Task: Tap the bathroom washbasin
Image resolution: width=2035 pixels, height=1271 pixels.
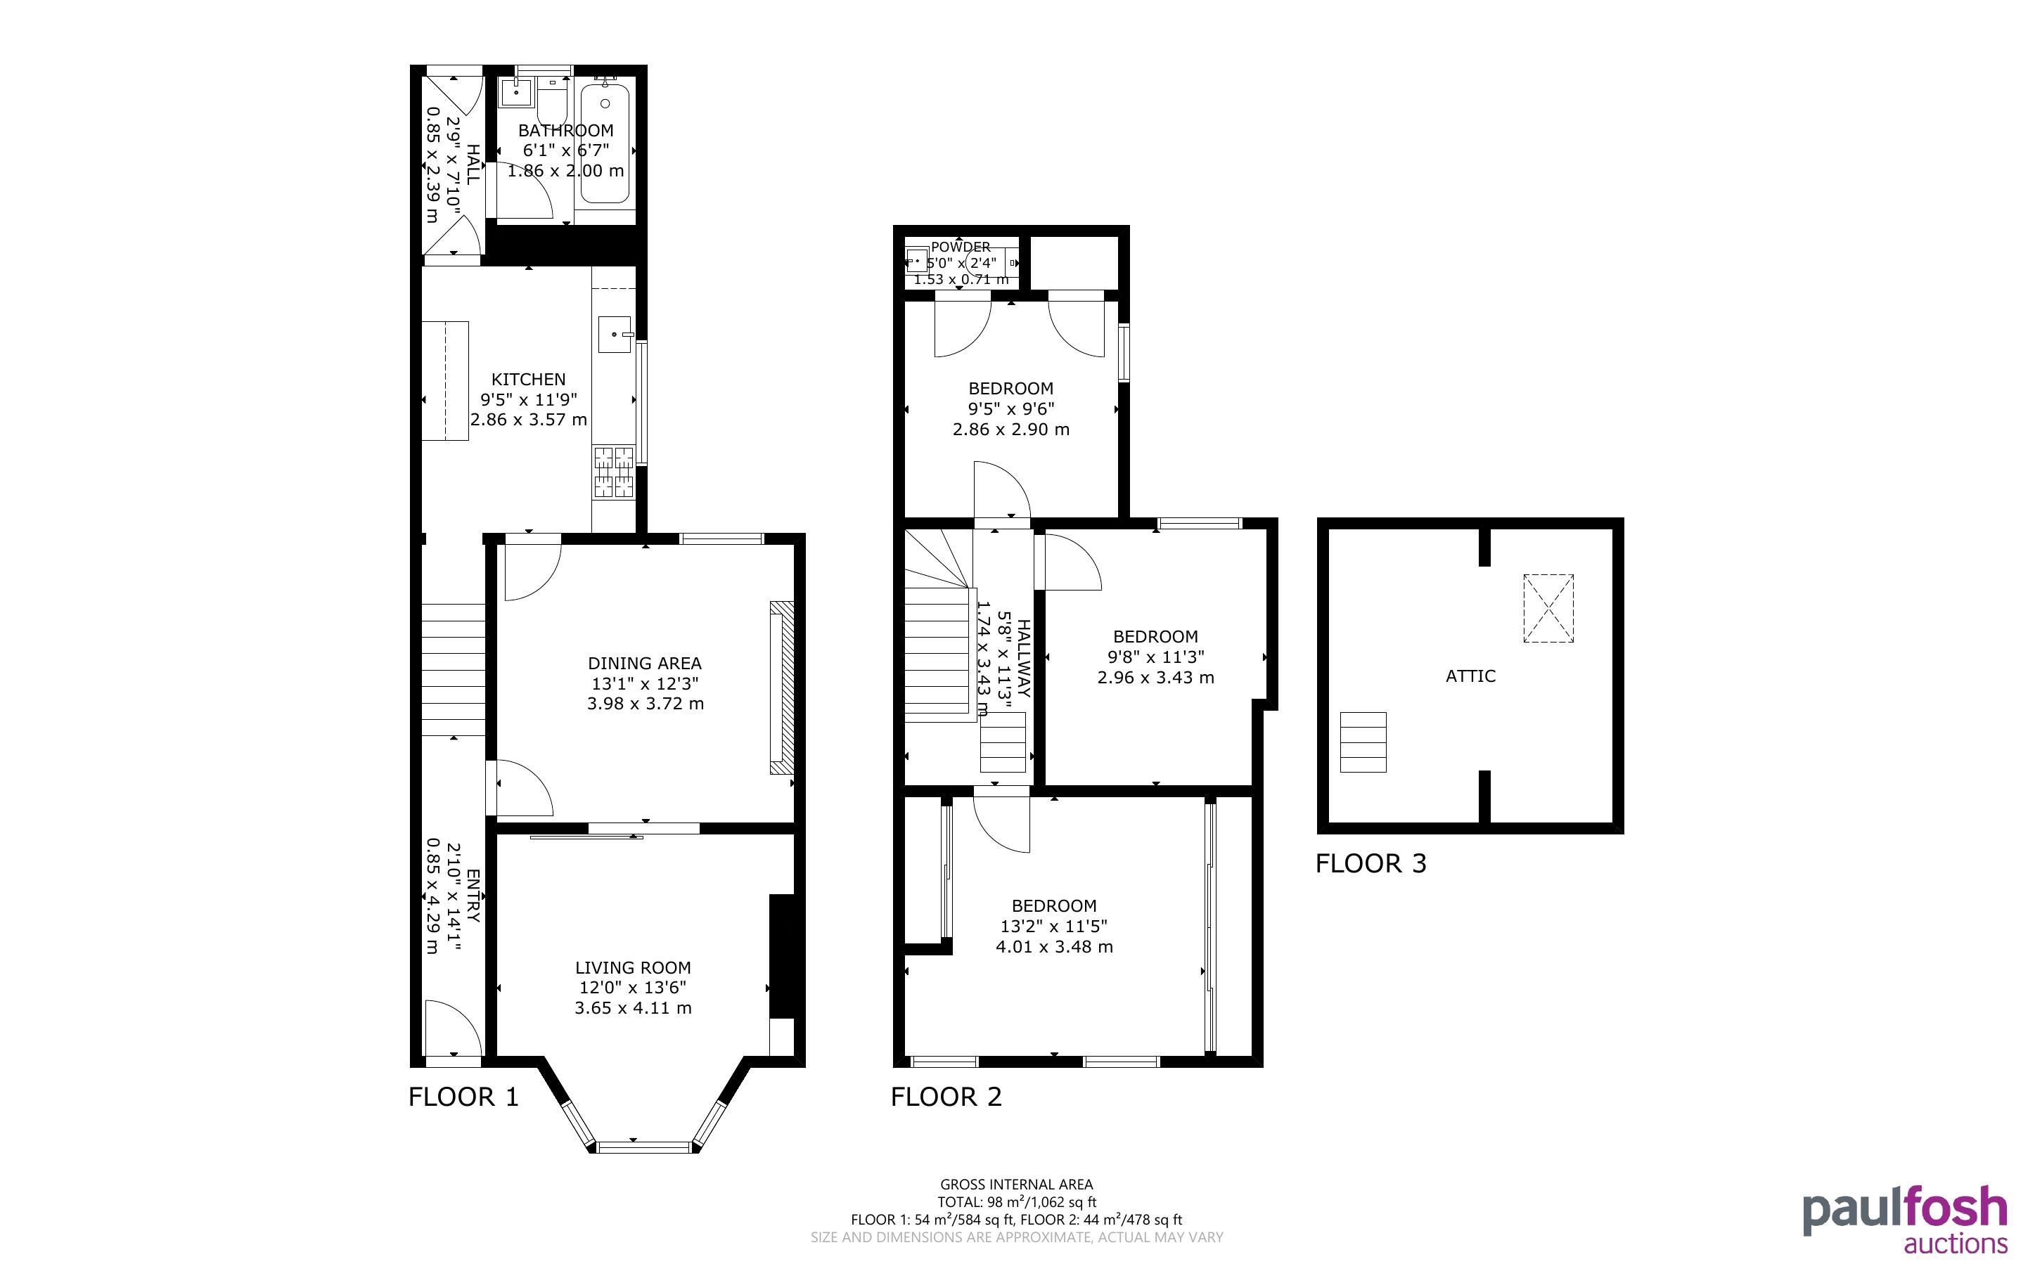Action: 515,93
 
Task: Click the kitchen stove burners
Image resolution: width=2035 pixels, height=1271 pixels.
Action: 614,472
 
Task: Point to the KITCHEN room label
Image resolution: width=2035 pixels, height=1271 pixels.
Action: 529,379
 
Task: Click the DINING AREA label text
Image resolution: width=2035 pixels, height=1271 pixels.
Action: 645,663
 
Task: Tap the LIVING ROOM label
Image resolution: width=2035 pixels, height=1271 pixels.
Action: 633,967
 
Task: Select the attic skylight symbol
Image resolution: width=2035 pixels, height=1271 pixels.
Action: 1548,609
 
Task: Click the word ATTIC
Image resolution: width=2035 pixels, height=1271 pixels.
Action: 1470,676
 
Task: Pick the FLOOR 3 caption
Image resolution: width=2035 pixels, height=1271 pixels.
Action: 1371,863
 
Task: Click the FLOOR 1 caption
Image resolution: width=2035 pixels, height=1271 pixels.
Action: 463,1096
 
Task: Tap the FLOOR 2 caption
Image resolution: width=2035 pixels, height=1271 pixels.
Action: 946,1096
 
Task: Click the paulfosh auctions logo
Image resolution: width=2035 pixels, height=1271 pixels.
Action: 1905,1220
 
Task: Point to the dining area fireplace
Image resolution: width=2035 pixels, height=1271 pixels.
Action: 782,688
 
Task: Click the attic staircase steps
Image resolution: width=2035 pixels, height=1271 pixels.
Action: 1363,742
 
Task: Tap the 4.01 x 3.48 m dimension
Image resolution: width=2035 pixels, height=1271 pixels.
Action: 1054,946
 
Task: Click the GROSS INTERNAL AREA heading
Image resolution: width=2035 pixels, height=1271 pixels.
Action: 1016,1185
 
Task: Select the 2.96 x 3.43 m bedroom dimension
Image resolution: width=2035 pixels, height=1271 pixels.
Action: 1156,678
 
